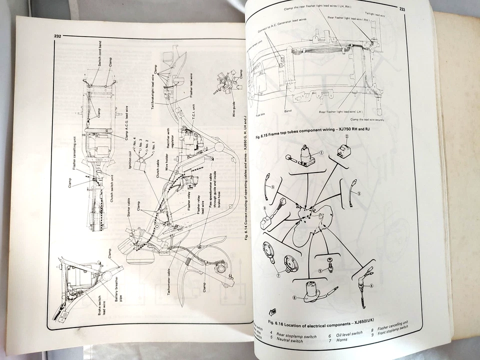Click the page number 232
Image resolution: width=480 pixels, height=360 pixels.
pyautogui.click(x=57, y=35)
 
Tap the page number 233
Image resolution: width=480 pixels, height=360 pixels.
pyautogui.click(x=401, y=8)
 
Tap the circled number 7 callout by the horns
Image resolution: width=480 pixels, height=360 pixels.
pyautogui.click(x=278, y=273)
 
